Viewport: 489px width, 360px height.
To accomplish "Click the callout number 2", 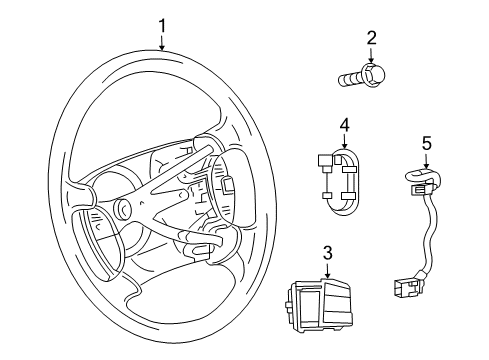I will pos(371,38).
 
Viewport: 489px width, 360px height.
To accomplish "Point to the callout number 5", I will pos(426,143).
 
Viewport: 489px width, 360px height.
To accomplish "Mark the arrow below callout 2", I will pos(371,56).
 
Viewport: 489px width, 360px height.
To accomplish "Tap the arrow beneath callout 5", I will pos(426,161).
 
